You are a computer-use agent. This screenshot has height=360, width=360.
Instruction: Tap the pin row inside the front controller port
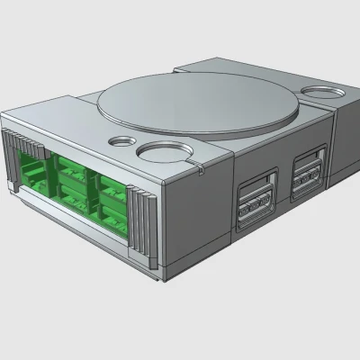click(255, 211)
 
